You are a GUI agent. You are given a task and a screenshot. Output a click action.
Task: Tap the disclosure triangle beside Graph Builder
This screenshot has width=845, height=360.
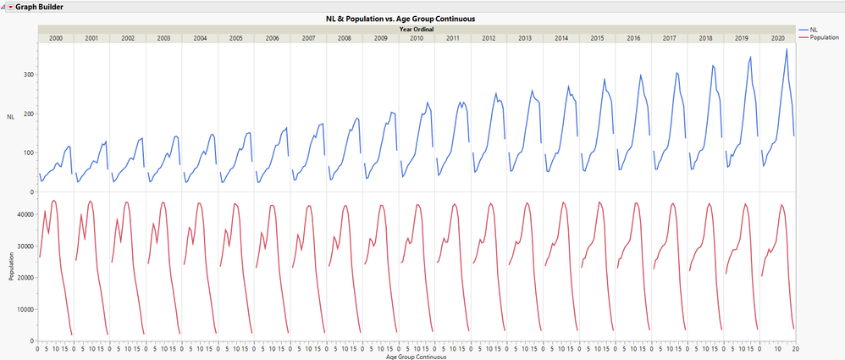pos(11,6)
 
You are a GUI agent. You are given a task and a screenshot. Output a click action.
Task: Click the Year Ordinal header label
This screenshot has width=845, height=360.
pos(416,30)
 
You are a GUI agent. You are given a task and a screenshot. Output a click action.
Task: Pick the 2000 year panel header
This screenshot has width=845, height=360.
pos(55,38)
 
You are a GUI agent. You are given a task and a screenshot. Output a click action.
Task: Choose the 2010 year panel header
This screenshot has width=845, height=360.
pos(417,38)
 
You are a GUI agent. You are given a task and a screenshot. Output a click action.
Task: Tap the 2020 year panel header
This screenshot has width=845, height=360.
pos(777,38)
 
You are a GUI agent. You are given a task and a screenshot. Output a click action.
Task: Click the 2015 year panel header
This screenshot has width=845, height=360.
pos(597,38)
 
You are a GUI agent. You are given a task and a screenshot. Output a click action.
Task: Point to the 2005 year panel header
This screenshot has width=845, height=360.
pos(236,38)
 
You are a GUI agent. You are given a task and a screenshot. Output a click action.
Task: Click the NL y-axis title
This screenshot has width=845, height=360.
pos(10,116)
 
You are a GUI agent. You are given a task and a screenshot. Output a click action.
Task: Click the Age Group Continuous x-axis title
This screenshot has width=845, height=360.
pos(416,357)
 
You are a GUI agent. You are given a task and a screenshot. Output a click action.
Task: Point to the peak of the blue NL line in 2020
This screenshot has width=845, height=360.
pos(787,49)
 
